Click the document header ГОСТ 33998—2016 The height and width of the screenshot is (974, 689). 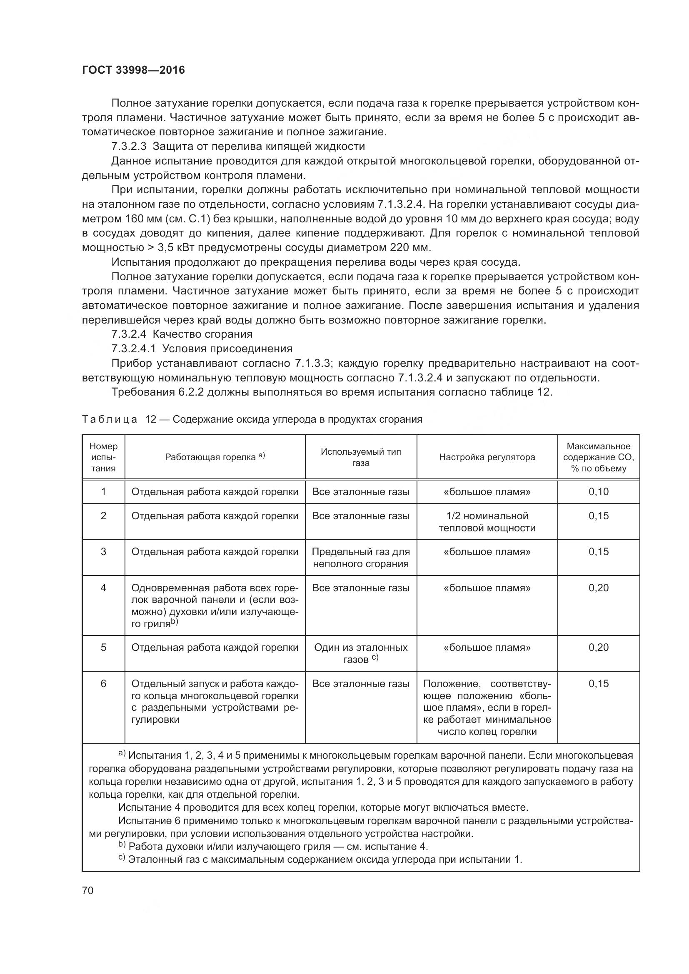coord(133,70)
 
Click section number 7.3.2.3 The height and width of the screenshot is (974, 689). coord(129,146)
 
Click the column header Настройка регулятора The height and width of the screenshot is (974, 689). coord(487,457)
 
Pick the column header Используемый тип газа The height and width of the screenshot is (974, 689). coord(361,457)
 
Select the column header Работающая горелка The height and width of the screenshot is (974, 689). coord(215,457)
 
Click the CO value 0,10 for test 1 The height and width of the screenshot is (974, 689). coord(598,492)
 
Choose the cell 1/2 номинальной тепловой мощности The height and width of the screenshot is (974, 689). coord(487,522)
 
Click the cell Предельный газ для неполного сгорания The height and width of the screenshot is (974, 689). coord(361,558)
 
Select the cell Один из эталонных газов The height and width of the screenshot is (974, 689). coord(361,653)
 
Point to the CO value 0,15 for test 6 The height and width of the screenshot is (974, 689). coord(598,683)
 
